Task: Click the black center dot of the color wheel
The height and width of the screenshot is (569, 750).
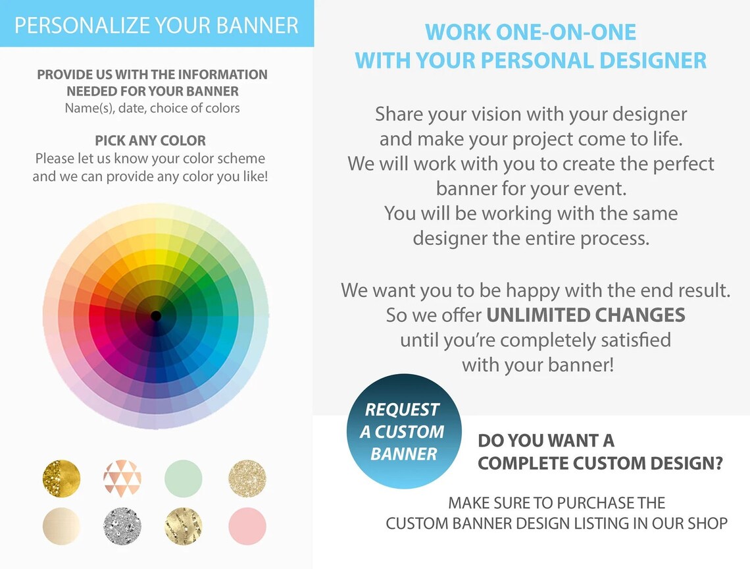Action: click(x=156, y=316)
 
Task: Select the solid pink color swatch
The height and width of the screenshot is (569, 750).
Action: click(x=247, y=526)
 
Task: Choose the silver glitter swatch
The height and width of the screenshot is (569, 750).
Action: click(x=122, y=526)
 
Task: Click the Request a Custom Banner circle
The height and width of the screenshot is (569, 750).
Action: click(x=404, y=431)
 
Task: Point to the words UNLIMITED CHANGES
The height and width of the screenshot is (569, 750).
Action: click(x=586, y=315)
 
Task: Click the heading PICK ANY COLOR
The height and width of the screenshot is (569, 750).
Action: click(x=150, y=140)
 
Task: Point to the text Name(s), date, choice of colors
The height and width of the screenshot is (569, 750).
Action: click(x=152, y=108)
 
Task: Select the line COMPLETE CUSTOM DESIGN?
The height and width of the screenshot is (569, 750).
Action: click(x=600, y=463)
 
